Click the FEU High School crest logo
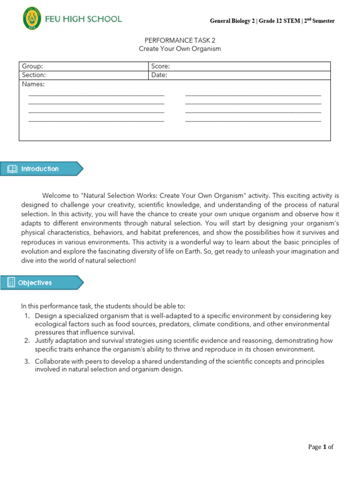point(32,19)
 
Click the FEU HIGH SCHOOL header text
point(83,19)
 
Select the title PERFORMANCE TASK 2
point(180,41)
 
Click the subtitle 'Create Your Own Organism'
point(180,49)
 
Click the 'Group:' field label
point(32,67)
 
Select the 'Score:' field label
point(161,67)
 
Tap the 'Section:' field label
point(34,75)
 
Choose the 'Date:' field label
point(159,75)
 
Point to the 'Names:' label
point(33,84)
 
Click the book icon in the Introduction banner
point(12,169)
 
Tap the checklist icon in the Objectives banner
point(12,283)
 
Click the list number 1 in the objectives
point(27,316)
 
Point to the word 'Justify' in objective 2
point(45,340)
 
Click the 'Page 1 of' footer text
point(321,447)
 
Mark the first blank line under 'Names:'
point(96,95)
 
